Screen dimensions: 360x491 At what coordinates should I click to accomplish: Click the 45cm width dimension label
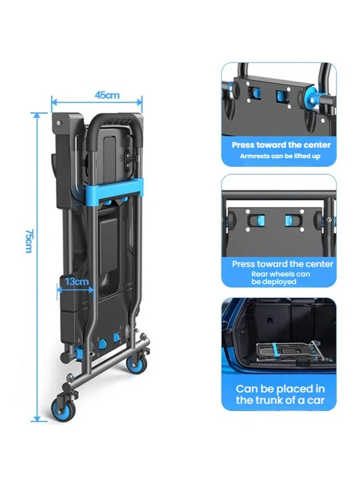(x=107, y=95)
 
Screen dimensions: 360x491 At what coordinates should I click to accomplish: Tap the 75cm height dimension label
(x=29, y=241)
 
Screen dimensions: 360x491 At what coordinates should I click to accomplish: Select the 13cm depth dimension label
(x=76, y=282)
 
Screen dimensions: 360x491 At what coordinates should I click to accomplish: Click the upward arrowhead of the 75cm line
(x=37, y=116)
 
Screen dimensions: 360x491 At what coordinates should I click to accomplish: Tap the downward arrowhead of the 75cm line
(x=37, y=419)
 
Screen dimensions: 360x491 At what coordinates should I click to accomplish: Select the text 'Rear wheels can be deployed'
(x=280, y=278)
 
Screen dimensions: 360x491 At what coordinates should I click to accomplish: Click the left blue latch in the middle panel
(x=260, y=220)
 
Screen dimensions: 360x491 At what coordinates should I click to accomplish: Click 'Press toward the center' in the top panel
(x=281, y=145)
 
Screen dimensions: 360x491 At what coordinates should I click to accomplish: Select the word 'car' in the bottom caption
(x=315, y=400)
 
